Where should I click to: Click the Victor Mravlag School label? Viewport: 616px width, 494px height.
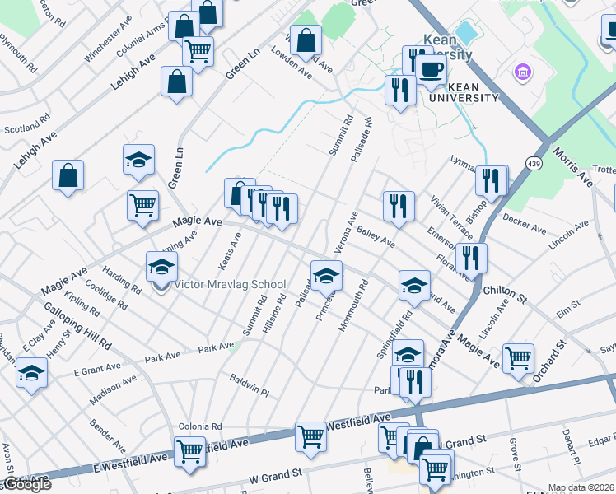click(230, 285)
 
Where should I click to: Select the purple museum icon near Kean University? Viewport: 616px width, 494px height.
click(521, 72)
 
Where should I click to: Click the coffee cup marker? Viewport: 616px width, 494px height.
click(431, 69)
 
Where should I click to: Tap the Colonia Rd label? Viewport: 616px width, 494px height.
click(200, 426)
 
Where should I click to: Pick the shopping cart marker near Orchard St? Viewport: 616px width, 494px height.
click(518, 357)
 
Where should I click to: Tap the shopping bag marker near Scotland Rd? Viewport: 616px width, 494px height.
click(68, 175)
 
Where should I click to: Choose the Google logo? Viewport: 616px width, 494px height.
click(26, 485)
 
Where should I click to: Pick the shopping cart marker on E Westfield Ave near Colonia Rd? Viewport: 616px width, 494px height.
click(189, 451)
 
